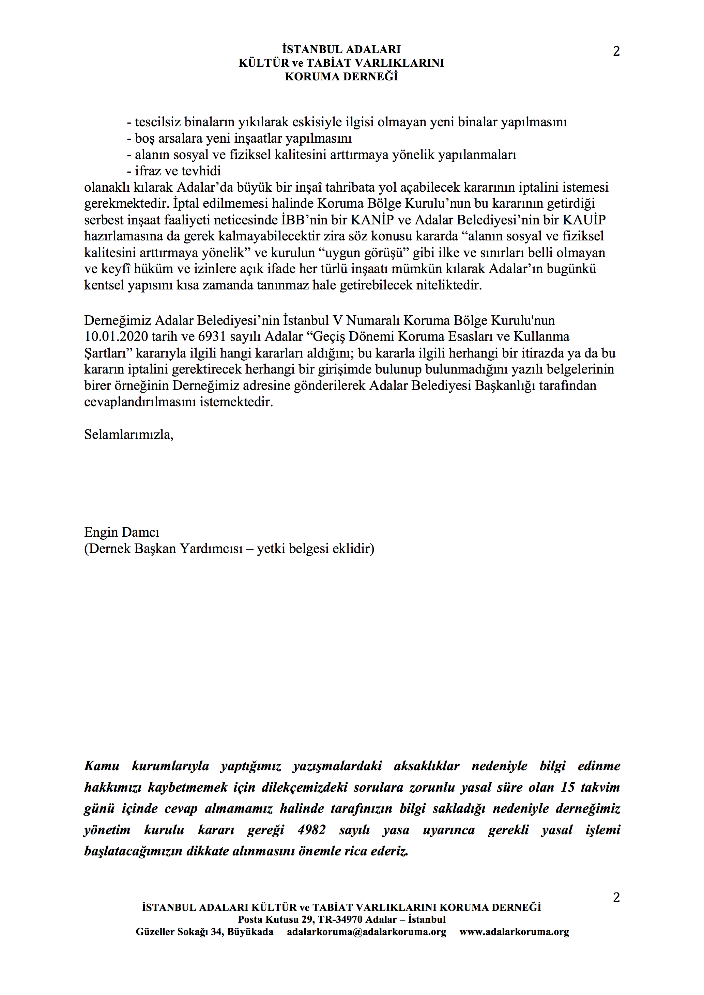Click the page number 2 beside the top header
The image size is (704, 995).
pyautogui.click(x=616, y=51)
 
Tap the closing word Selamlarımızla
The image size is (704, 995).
pyautogui.click(x=128, y=435)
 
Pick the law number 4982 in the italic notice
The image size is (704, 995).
pyautogui.click(x=311, y=830)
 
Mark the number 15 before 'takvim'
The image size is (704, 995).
pyautogui.click(x=567, y=787)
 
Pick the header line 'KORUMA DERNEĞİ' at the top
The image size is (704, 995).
pyautogui.click(x=341, y=77)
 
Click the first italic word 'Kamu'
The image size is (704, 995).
pyautogui.click(x=102, y=766)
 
